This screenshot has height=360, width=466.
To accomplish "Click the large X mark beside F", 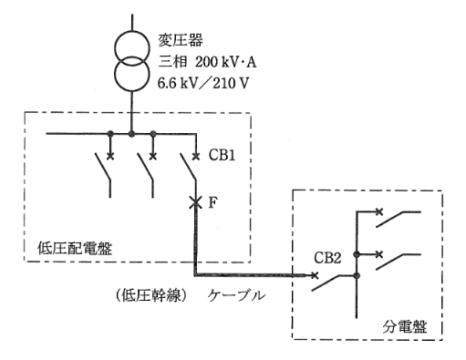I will coord(193,202).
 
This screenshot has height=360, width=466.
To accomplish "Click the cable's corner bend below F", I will coord(194,274).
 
